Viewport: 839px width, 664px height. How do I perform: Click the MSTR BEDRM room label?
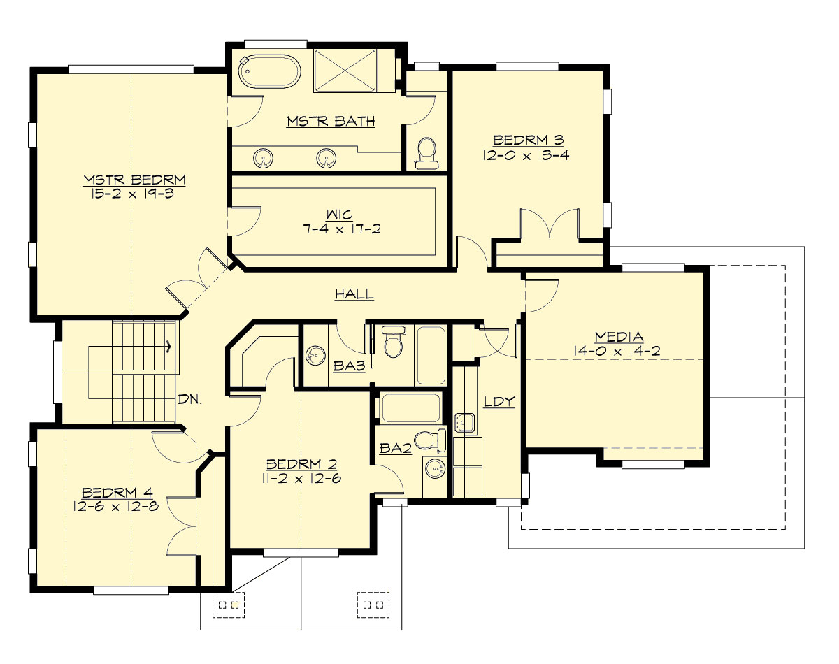[134, 180]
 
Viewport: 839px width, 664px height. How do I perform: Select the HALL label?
[354, 294]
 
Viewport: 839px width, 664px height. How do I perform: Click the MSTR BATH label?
[331, 122]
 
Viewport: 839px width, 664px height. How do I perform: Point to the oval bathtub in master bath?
[269, 72]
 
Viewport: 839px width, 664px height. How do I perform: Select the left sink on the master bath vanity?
[264, 158]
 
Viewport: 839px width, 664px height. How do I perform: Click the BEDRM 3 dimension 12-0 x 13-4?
[526, 155]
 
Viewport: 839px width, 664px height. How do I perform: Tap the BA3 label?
[343, 366]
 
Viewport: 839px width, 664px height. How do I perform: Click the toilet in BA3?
[394, 342]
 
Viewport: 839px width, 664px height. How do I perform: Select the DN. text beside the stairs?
[189, 400]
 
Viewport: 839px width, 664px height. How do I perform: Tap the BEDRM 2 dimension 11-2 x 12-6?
[303, 478]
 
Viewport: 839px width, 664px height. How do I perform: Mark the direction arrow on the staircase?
[168, 345]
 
